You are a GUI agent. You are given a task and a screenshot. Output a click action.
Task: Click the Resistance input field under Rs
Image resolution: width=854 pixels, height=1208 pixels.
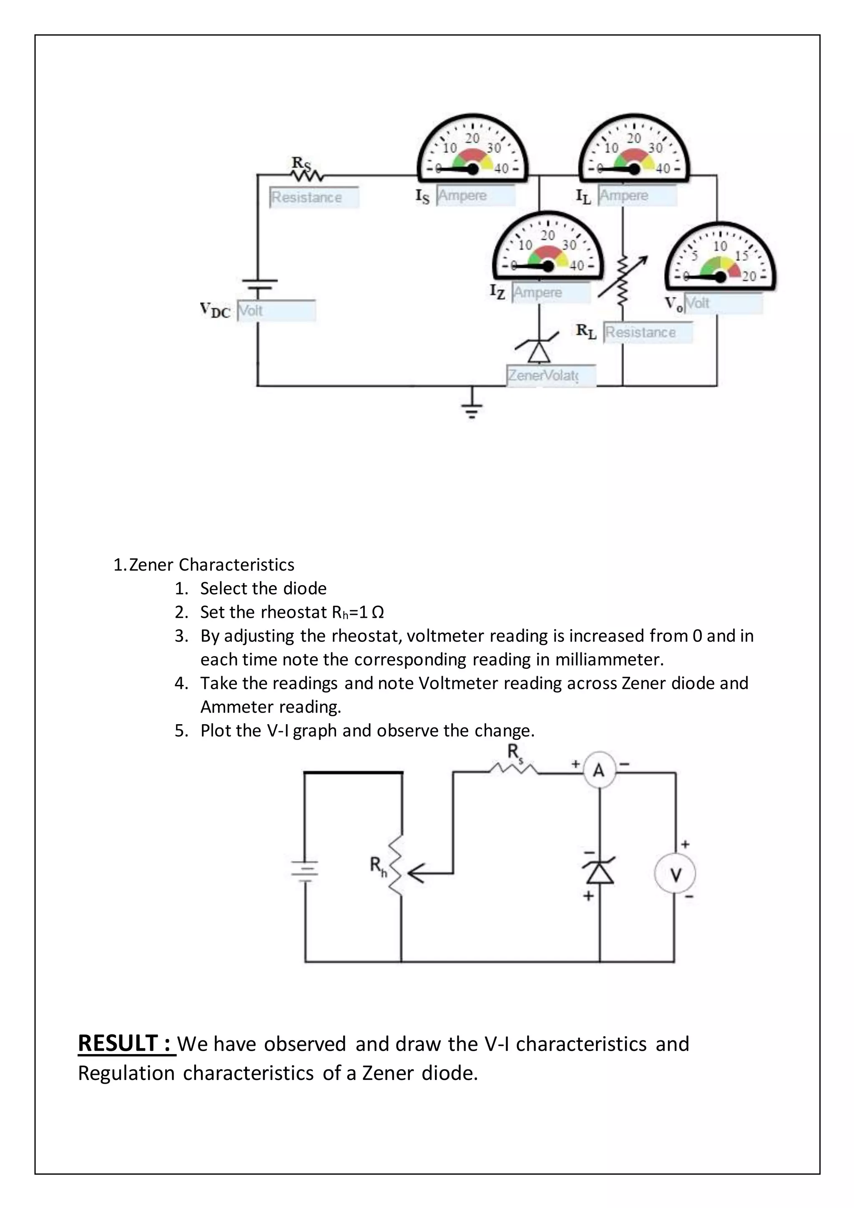coord(314,197)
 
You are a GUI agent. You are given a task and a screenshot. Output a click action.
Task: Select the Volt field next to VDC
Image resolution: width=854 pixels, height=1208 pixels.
coord(276,310)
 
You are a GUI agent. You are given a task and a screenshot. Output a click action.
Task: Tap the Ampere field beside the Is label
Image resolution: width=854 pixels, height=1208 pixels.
coord(475,195)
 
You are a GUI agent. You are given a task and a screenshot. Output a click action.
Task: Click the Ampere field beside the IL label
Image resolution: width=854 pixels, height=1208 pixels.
coord(637,195)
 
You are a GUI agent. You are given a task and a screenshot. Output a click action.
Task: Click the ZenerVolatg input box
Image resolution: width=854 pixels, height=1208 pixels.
coord(550,376)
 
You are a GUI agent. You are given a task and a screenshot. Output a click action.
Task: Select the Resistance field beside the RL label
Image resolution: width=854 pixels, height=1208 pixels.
coord(647,332)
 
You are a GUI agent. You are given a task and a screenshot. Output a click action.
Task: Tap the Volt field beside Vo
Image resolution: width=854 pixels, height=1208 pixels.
coord(723,304)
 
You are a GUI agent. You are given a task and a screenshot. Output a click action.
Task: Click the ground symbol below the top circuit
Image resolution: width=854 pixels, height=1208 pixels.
coord(472,408)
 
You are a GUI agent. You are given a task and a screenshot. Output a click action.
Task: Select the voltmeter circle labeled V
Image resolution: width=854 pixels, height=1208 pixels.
coord(675,874)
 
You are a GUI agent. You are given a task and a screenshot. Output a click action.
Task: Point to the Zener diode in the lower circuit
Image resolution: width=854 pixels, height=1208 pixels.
coord(600,871)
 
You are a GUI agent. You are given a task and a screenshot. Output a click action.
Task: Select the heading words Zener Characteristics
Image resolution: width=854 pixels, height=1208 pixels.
coord(211,564)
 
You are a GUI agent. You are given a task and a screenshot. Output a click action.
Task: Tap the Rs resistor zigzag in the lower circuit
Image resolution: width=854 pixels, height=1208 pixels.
coord(513,769)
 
